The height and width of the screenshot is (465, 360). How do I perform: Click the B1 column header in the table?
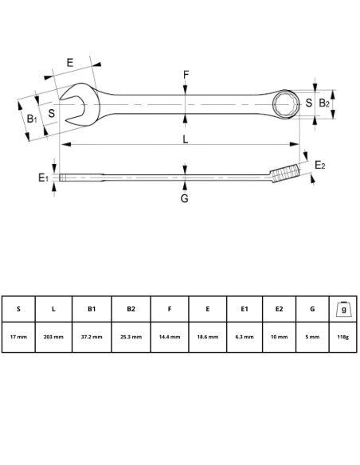pyautogui.click(x=92, y=309)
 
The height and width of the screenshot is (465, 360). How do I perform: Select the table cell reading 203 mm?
pyautogui.click(x=53, y=338)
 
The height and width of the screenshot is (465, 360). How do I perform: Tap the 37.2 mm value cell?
pyautogui.click(x=92, y=338)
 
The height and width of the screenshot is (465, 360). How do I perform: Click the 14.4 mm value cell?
pyautogui.click(x=170, y=338)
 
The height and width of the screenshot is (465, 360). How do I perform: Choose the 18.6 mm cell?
pyautogui.click(x=208, y=338)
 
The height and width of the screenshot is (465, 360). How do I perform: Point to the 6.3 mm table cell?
pyautogui.click(x=245, y=338)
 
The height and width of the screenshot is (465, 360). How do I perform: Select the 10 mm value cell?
pyautogui.click(x=280, y=338)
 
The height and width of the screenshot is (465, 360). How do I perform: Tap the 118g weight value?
pyautogui.click(x=342, y=338)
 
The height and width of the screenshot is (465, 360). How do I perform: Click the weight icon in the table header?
pyautogui.click(x=342, y=308)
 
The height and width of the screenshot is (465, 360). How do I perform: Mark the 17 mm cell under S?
pyautogui.click(x=18, y=338)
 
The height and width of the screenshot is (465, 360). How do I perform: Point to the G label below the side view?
pyautogui.click(x=184, y=198)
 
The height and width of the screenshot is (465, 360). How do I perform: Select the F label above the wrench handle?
pyautogui.click(x=185, y=76)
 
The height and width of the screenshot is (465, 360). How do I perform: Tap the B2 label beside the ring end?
pyautogui.click(x=324, y=104)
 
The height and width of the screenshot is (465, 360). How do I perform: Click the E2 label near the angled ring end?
pyautogui.click(x=319, y=165)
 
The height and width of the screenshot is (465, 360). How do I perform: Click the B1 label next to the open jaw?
pyautogui.click(x=30, y=119)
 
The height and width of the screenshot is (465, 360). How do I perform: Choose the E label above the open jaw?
pyautogui.click(x=70, y=61)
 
